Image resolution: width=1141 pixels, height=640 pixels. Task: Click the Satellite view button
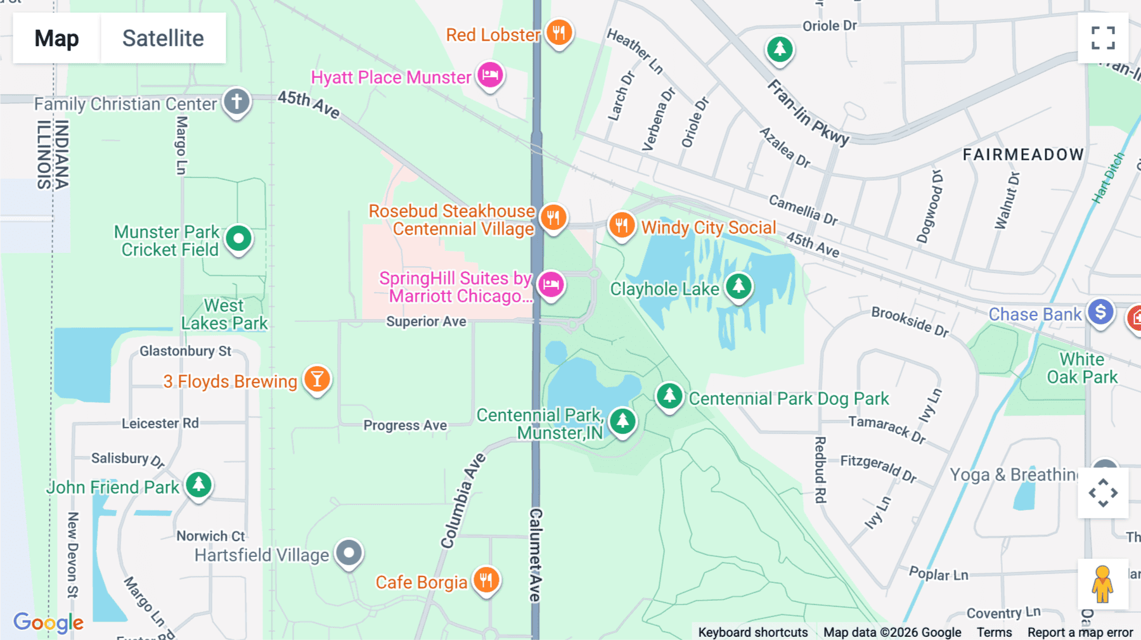tap(163, 38)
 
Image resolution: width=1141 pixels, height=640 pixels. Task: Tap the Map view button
tap(56, 38)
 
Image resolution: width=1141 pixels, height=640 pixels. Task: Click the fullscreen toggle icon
tap(1103, 38)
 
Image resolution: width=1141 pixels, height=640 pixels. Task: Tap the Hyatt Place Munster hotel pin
tap(490, 75)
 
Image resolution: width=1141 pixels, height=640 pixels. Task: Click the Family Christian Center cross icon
tap(237, 101)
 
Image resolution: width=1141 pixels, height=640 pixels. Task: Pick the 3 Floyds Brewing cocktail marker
tap(317, 379)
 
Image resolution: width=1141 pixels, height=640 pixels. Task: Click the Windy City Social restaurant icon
tap(621, 225)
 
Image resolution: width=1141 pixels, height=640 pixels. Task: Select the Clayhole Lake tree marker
tap(738, 286)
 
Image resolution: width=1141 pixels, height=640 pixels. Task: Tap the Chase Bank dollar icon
tap(1101, 312)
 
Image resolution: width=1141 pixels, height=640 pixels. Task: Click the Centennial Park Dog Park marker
tap(669, 396)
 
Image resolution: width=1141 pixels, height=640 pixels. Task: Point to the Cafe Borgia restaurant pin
tap(486, 580)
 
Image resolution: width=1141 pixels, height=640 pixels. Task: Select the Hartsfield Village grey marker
tap(349, 553)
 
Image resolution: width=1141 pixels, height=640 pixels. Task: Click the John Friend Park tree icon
tap(199, 485)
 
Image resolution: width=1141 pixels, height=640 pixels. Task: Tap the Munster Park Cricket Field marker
tap(239, 239)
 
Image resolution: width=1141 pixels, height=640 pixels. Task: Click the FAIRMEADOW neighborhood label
tap(1023, 155)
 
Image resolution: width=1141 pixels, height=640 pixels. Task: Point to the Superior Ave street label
tap(426, 321)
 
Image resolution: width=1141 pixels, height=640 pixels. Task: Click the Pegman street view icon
tap(1102, 584)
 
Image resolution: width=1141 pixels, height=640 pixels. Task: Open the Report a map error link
tap(1080, 632)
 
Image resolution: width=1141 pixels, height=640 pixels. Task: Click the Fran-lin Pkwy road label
tap(808, 113)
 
